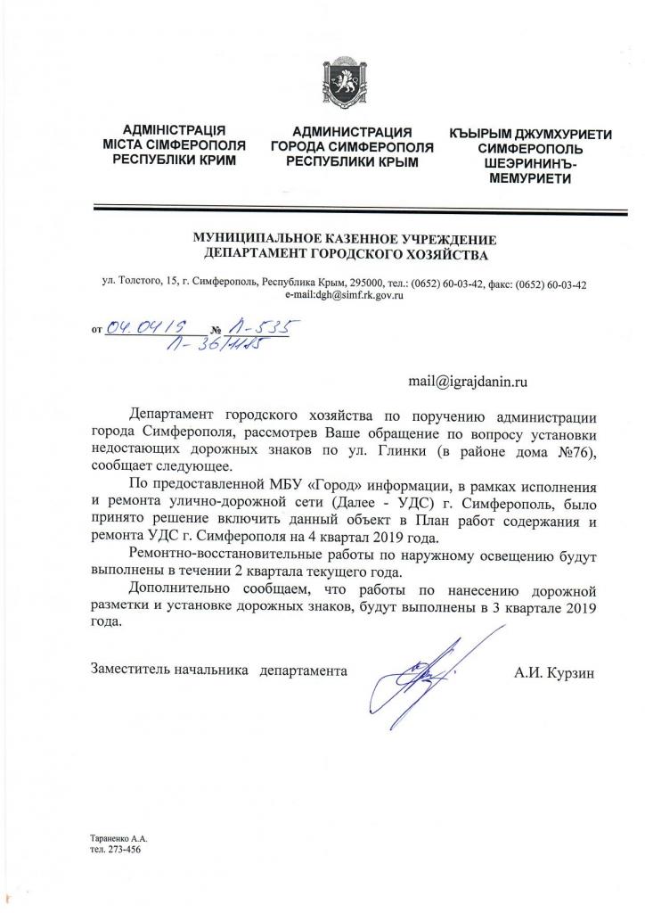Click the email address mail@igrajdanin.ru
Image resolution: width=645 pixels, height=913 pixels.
[x=469, y=381]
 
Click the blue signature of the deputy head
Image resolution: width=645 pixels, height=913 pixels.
[x=426, y=669]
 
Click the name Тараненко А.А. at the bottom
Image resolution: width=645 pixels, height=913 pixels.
[x=119, y=838]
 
